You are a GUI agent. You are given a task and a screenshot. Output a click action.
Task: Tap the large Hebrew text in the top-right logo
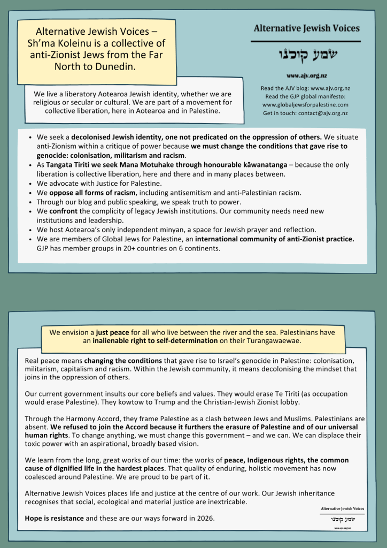[x=306, y=55]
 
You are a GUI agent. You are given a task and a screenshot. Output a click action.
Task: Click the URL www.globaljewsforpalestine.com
[x=305, y=105]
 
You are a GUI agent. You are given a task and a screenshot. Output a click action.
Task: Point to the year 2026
[x=206, y=518]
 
